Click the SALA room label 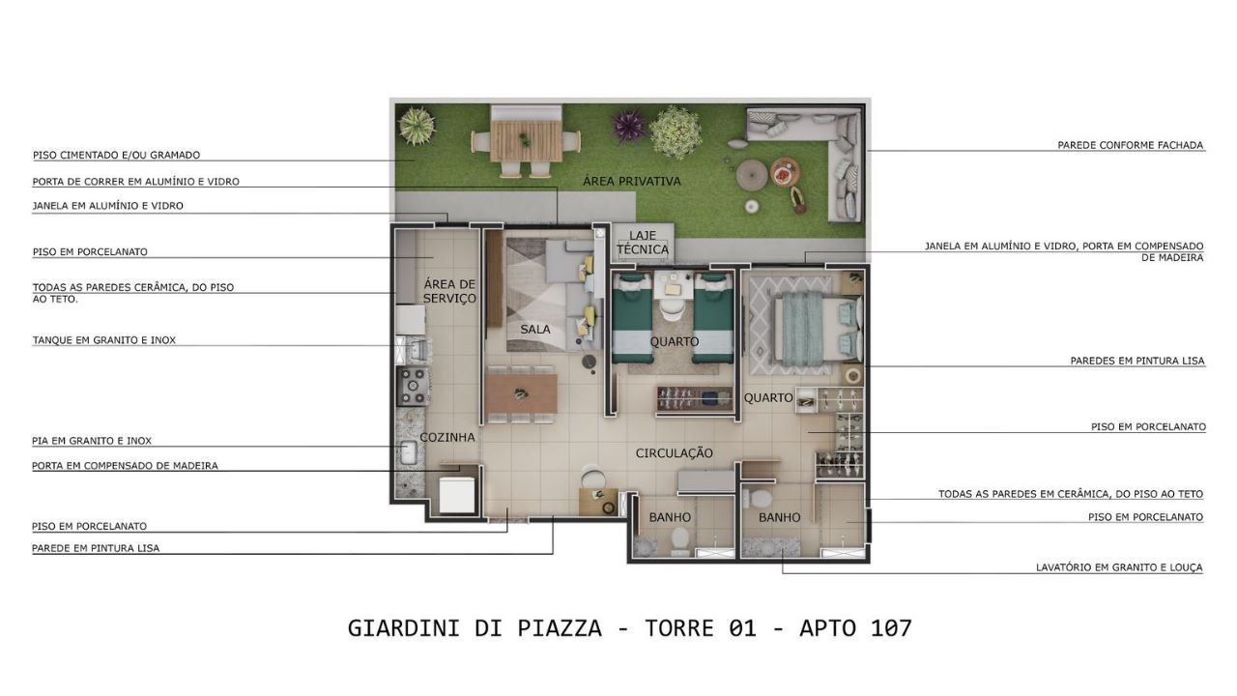[535, 330]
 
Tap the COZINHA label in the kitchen [447, 438]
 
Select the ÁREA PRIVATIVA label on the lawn [632, 181]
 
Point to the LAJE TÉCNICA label [643, 243]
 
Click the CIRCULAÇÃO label [675, 453]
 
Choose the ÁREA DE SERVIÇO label [449, 291]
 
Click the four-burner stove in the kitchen [414, 387]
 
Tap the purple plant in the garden [629, 127]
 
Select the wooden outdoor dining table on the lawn [525, 140]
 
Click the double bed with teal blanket [818, 329]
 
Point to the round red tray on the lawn [785, 172]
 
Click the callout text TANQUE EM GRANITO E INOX [103, 340]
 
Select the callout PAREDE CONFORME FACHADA [1130, 145]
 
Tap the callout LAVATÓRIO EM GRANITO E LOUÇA [1119, 567]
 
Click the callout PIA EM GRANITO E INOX [92, 441]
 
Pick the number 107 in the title [891, 628]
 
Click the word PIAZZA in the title [559, 628]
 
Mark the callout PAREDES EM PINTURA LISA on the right [1137, 361]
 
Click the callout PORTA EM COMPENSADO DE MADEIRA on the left [125, 466]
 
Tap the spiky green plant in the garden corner [416, 126]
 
